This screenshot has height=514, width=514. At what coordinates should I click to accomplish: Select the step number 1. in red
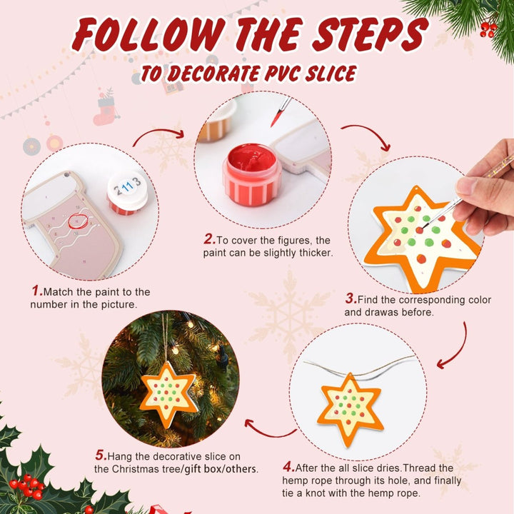pyautogui.click(x=37, y=291)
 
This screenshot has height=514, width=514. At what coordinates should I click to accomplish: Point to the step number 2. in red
pyautogui.click(x=209, y=240)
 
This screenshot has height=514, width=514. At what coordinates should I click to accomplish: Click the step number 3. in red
pyautogui.click(x=351, y=299)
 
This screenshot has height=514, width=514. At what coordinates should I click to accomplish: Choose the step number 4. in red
pyautogui.click(x=288, y=467)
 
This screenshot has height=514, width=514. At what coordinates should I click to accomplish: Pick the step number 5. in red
pyautogui.click(x=101, y=455)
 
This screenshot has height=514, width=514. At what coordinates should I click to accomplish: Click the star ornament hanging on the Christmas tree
pyautogui.click(x=168, y=393)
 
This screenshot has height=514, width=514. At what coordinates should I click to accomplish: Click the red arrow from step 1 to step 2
pyautogui.click(x=158, y=135)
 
